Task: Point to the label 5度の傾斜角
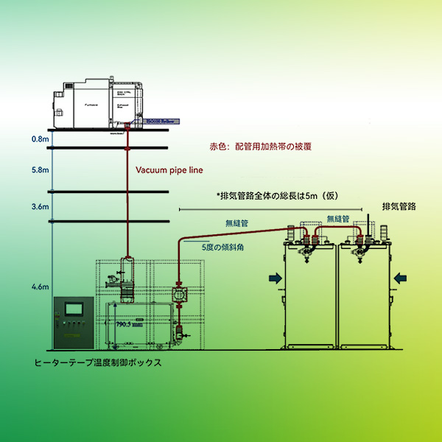coord(223,248)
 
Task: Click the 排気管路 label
coord(399,206)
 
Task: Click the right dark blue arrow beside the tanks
coord(401,278)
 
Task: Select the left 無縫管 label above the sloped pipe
coord(236,222)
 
